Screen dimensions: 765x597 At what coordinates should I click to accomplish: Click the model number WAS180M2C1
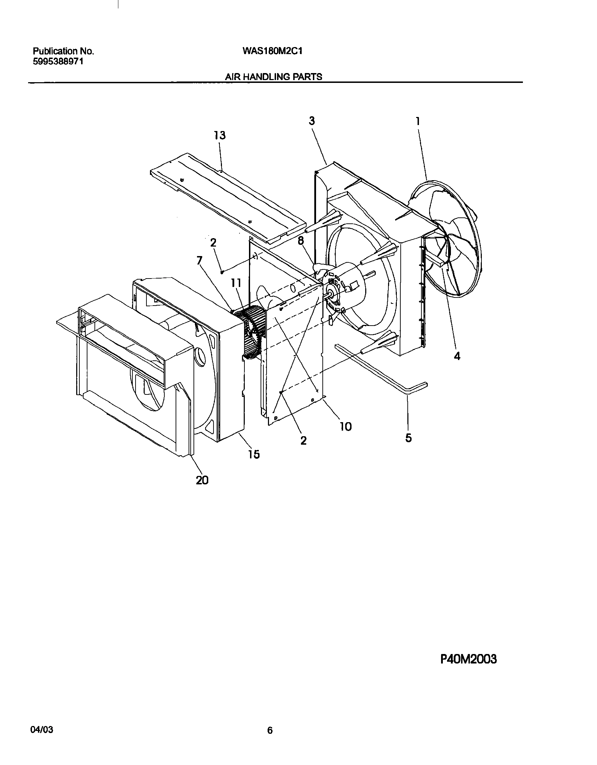272,51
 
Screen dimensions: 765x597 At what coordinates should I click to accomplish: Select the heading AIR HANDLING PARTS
274,77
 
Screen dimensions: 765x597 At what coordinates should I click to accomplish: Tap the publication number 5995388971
58,62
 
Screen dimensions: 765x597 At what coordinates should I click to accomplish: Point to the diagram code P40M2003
468,659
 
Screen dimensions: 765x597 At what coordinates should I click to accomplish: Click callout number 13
220,135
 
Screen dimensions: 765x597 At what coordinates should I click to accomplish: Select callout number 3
312,121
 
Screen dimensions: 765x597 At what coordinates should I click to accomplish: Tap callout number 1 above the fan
418,122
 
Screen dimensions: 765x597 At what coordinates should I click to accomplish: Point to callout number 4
457,356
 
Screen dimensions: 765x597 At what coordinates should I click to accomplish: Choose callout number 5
408,438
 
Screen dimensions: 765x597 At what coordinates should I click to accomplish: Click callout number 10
346,426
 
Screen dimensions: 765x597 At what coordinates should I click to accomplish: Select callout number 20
202,480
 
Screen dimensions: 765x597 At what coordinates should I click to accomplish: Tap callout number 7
199,261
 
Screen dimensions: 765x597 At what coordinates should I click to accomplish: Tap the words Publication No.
63,51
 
